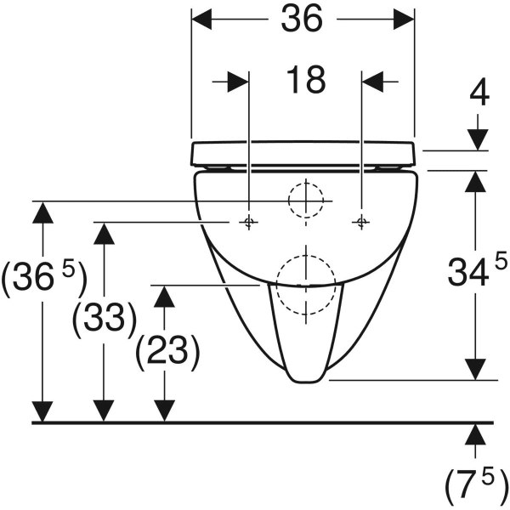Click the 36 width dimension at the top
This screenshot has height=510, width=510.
tap(302, 20)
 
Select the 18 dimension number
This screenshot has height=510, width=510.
tap(306, 80)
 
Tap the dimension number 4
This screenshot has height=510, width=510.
tap(479, 93)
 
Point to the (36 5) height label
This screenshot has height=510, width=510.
tap(44, 276)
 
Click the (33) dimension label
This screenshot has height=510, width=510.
tap(104, 316)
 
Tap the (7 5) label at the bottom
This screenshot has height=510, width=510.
tap(476, 485)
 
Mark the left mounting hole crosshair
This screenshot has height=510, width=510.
tap(249, 222)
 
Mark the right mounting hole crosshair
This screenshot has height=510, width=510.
tap(361, 222)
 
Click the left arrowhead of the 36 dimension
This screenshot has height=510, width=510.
tap(201, 20)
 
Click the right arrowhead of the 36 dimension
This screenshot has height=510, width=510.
tap(404, 20)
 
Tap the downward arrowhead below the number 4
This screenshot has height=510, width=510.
tap(478, 140)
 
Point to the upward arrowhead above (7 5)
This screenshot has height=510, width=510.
tap(475, 434)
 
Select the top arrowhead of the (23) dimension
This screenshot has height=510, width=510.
tap(164, 297)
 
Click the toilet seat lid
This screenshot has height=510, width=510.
tap(303, 153)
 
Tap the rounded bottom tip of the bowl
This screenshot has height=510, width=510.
tap(306, 382)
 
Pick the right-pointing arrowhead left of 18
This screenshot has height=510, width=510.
tap(238, 82)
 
